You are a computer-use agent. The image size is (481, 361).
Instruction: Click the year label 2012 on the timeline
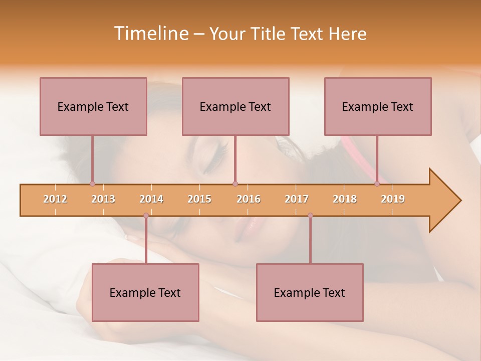[55, 199]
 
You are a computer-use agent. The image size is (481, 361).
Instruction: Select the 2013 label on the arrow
[103, 199]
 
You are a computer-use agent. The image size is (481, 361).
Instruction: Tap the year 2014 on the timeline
[151, 199]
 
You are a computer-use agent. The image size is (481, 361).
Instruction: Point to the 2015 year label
[199, 199]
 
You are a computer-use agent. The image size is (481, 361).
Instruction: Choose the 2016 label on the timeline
[249, 199]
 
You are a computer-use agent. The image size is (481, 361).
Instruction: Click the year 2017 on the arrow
[297, 199]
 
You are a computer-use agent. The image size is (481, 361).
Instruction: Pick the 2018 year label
[345, 199]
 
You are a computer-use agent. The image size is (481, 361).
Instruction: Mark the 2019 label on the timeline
[393, 199]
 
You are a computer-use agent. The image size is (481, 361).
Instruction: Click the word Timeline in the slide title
[150, 34]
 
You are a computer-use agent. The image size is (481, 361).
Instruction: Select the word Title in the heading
[269, 34]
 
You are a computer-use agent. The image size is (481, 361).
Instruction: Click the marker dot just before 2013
[92, 184]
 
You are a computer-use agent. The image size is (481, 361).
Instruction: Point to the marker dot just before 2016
[235, 184]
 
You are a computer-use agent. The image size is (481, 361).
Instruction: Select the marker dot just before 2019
[377, 184]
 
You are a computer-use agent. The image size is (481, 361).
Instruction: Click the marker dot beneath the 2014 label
[146, 216]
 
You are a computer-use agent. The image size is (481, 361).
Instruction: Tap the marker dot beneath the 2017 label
[310, 216]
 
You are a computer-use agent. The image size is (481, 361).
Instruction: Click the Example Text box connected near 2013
[93, 106]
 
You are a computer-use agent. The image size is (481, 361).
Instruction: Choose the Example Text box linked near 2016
[235, 106]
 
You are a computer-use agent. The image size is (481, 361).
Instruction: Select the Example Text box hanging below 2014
[145, 292]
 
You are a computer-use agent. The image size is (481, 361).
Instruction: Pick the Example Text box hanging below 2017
[310, 292]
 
